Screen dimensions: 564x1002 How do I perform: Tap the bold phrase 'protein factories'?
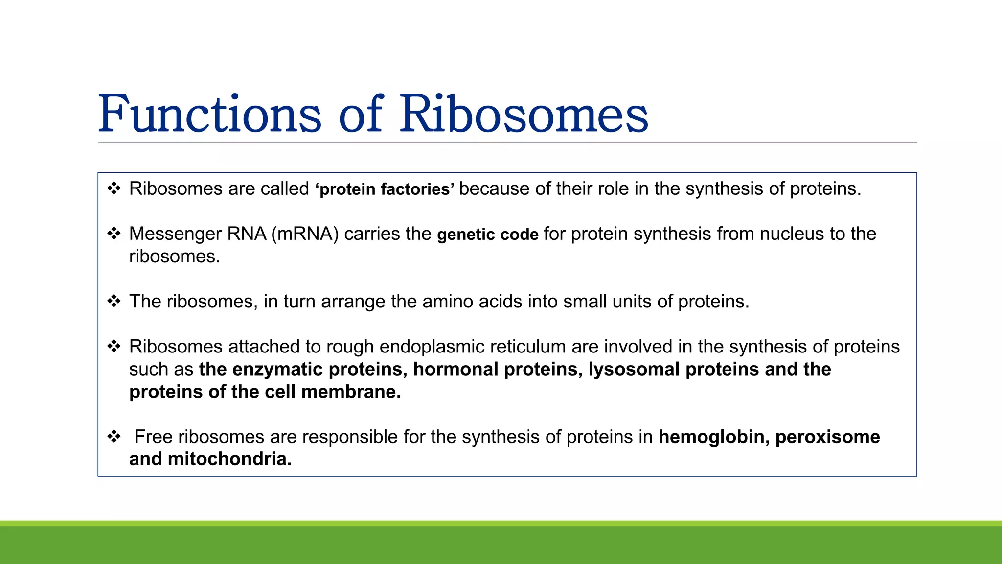click(385, 189)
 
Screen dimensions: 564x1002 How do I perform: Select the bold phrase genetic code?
click(487, 235)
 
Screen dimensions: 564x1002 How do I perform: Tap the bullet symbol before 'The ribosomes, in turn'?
click(114, 301)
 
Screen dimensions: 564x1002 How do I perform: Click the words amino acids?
click(472, 302)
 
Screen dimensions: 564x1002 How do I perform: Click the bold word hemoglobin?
click(711, 437)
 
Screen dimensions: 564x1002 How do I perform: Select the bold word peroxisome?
click(827, 437)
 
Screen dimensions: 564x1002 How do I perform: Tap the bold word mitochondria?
click(229, 459)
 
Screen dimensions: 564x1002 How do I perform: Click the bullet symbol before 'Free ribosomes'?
click(114, 436)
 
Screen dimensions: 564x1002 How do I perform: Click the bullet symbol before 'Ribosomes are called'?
click(114, 188)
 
